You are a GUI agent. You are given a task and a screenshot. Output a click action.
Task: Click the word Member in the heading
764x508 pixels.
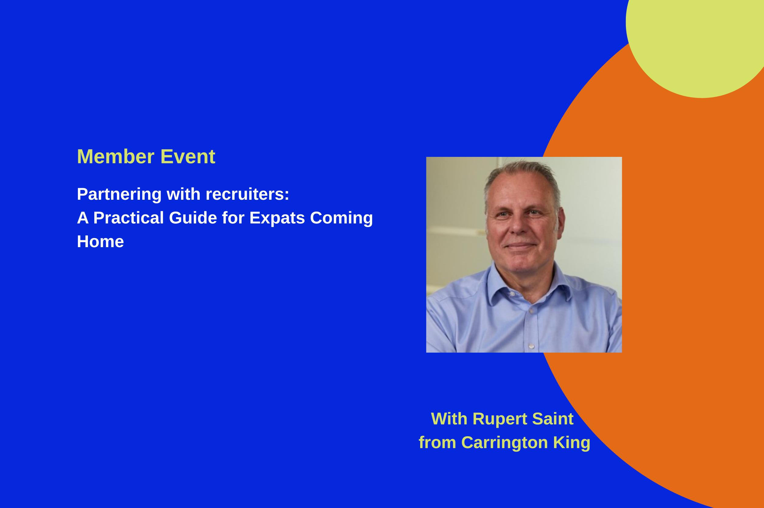tap(115, 157)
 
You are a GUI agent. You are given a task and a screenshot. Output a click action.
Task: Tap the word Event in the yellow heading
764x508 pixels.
tap(188, 157)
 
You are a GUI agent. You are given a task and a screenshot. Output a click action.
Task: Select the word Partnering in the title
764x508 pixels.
tap(119, 195)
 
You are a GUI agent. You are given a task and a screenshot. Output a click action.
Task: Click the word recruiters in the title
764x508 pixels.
tap(247, 194)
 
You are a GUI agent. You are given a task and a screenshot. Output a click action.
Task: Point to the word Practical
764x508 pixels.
tap(128, 218)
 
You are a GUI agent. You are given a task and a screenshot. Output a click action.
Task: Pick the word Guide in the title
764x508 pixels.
tap(193, 218)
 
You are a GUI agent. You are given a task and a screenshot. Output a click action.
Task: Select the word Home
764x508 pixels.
tap(100, 241)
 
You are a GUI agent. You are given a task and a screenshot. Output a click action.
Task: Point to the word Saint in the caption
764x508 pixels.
tap(553, 419)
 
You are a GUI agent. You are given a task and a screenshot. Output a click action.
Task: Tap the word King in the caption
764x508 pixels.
tap(572, 443)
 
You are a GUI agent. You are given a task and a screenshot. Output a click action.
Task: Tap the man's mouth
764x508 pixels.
tap(520, 245)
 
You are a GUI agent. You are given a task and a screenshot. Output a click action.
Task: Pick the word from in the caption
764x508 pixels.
tap(438, 443)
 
